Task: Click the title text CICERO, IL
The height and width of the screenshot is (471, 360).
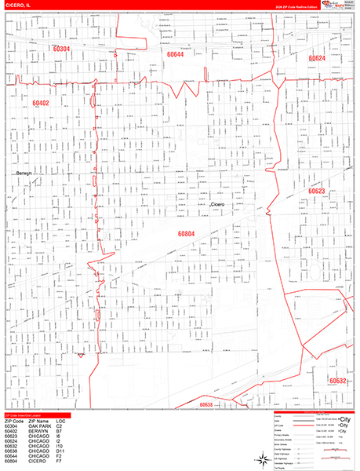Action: click(19, 5)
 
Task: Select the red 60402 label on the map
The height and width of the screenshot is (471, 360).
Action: click(41, 103)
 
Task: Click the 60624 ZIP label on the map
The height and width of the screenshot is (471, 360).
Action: click(316, 58)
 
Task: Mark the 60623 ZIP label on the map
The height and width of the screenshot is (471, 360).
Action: click(316, 191)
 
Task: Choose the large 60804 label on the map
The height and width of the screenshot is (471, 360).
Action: click(187, 233)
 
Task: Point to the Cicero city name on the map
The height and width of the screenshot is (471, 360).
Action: click(218, 205)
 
